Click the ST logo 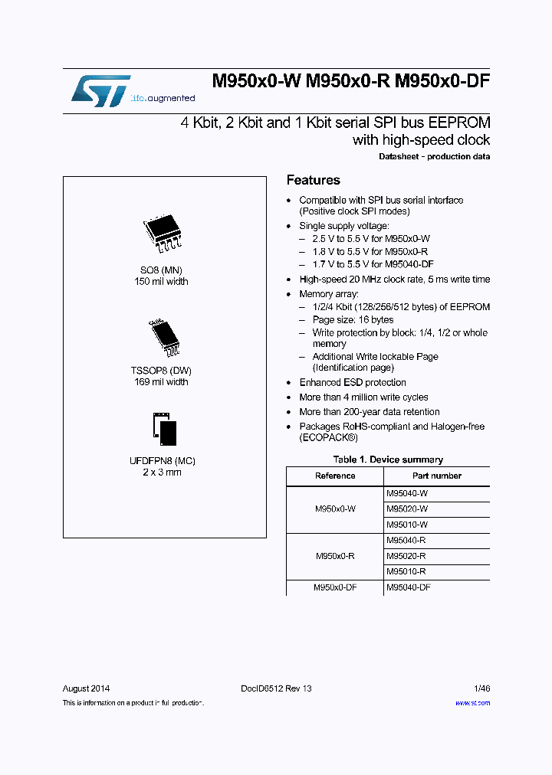[100, 90]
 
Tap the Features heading [313, 180]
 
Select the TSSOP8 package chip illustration [162, 337]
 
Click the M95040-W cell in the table [407, 495]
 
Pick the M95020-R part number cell [406, 556]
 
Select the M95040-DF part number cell [409, 587]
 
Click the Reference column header [335, 476]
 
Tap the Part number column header [436, 476]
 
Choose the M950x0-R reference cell [335, 556]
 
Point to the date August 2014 [86, 688]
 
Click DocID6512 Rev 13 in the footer [277, 688]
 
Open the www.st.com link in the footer [472, 702]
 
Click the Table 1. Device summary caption [388, 459]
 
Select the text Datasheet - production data [435, 156]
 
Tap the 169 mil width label [161, 381]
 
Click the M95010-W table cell [407, 525]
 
